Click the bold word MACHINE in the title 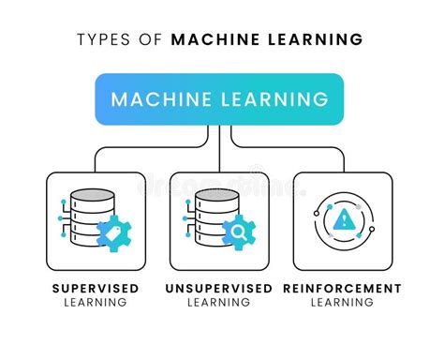214,39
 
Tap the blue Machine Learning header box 220,98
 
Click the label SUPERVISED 95,288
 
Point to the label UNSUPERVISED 219,288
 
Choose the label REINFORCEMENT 342,288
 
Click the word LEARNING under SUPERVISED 95,302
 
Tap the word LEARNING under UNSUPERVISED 219,302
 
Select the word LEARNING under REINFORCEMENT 342,302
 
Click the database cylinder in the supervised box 91,215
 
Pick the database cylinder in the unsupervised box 216,215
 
